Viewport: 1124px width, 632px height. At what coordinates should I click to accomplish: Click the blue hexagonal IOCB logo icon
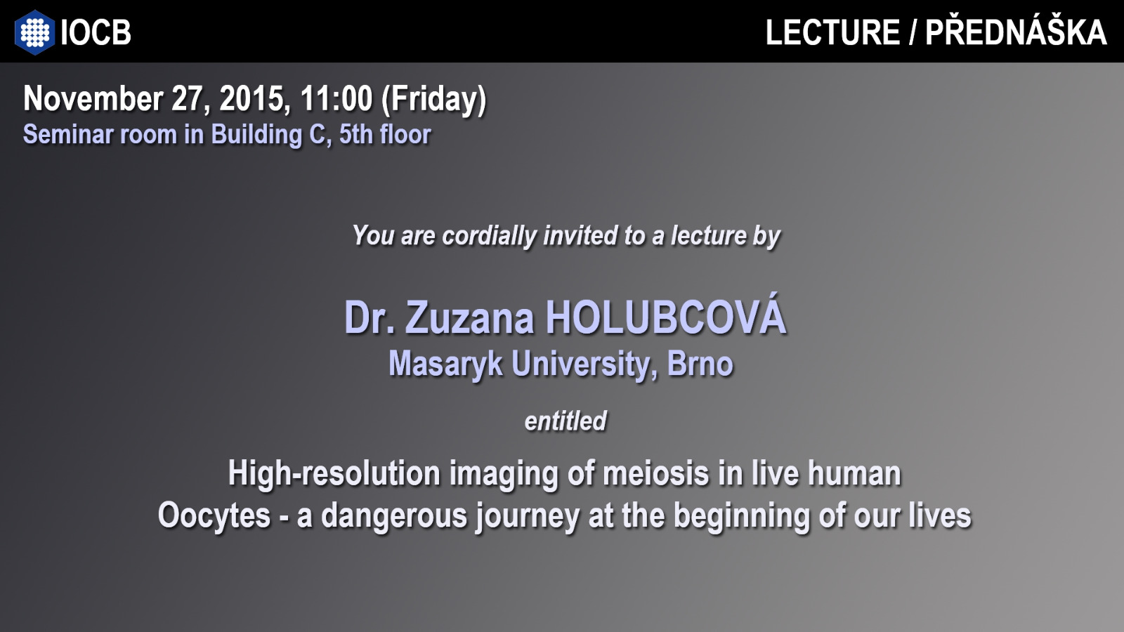point(34,32)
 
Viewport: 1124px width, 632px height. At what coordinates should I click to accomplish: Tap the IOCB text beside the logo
point(96,32)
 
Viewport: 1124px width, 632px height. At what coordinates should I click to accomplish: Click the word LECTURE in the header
point(832,32)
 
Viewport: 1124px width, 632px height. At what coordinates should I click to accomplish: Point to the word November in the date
point(93,98)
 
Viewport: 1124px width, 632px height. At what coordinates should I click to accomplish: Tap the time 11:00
point(336,98)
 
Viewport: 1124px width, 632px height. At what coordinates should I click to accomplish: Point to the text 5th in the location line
point(355,134)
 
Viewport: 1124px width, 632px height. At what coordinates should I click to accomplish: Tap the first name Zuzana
point(469,318)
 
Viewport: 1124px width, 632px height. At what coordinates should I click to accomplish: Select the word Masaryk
point(445,364)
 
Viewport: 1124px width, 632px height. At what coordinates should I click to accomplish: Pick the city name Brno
point(700,364)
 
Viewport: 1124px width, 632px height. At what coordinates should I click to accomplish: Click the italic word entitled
point(566,421)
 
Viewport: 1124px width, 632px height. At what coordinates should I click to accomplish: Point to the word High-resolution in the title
point(334,474)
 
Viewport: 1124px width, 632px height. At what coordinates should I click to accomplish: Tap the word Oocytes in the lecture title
point(214,516)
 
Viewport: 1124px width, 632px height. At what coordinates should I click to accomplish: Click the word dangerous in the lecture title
point(394,517)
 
